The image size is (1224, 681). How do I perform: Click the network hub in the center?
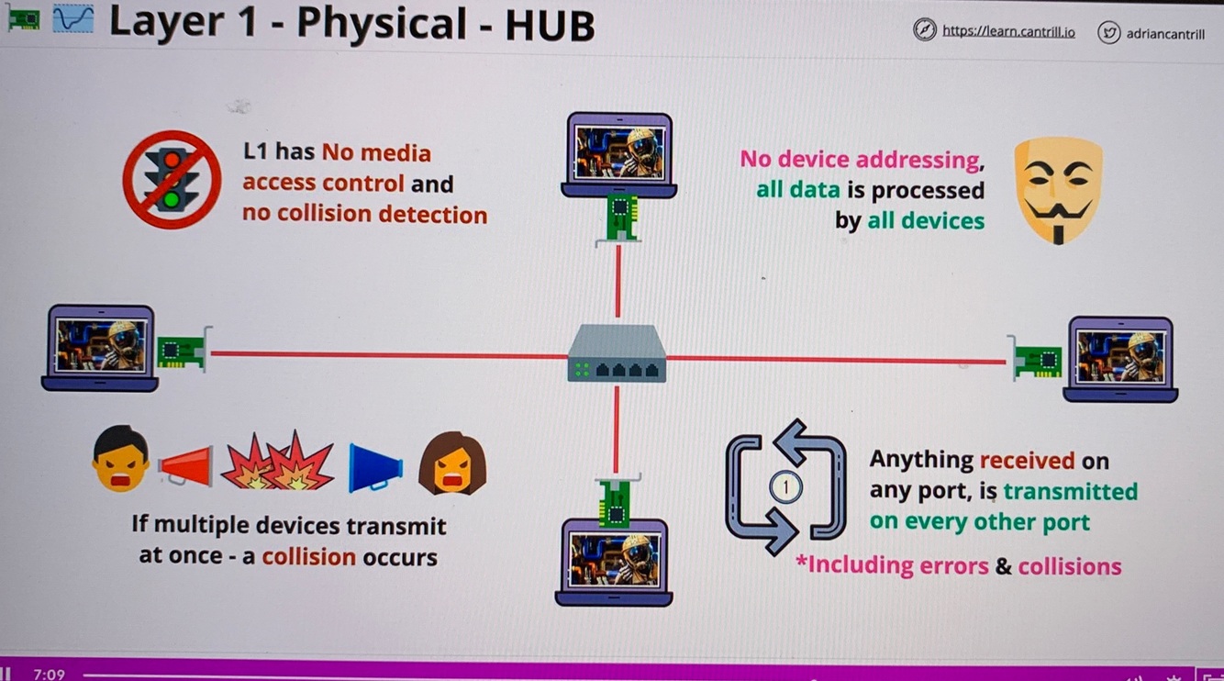[x=617, y=355]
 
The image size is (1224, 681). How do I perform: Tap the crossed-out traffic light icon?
[x=172, y=179]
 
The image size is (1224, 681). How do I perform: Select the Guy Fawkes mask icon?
[x=1057, y=189]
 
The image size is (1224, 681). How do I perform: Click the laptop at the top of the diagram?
[x=618, y=154]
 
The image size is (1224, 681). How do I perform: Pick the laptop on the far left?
[x=100, y=348]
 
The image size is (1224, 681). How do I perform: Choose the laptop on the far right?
[x=1120, y=359]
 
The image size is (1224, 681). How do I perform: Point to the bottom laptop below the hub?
[x=614, y=561]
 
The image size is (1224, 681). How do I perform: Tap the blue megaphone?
[x=374, y=467]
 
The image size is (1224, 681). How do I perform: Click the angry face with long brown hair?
[x=452, y=463]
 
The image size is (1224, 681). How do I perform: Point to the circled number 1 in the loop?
[x=785, y=487]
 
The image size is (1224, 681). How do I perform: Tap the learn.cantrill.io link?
[x=1007, y=30]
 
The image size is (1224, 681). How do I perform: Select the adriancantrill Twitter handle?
[x=1165, y=33]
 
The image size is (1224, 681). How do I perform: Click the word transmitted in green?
[x=1070, y=491]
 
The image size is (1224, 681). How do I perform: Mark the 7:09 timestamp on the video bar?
[x=49, y=675]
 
